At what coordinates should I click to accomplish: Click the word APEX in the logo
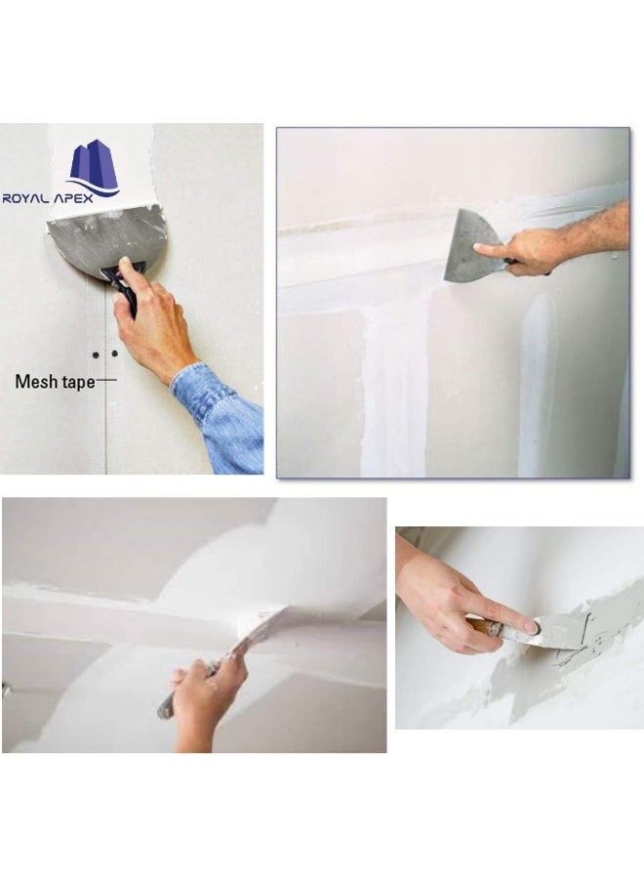[x=93, y=198]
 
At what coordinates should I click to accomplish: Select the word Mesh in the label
[x=37, y=381]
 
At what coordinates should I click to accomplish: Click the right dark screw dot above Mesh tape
[x=114, y=353]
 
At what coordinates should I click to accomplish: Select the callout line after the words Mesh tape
[x=106, y=379]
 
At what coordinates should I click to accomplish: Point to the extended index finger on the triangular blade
[x=493, y=252]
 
